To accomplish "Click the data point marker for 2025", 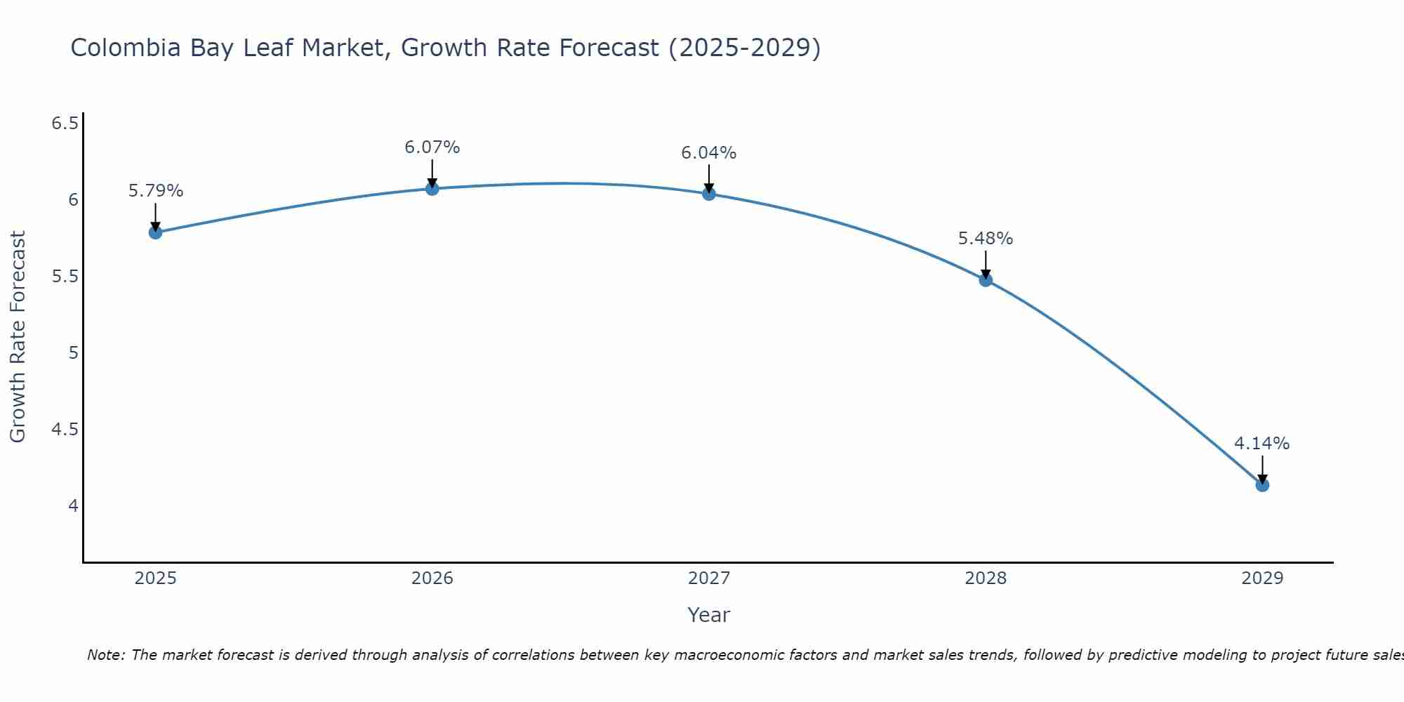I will point(156,232).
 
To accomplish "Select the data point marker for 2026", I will point(432,189).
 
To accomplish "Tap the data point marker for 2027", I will point(709,194).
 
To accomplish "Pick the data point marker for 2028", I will point(986,280).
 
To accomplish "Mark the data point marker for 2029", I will point(1262,485).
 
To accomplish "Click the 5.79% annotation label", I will point(156,191).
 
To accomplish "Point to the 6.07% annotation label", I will point(432,147).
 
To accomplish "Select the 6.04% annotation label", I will point(709,153).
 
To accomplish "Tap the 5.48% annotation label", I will point(986,239).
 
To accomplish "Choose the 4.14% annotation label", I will point(1262,444).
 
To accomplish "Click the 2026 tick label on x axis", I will point(432,578).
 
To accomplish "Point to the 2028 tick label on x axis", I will point(986,578).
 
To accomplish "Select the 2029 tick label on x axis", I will point(1262,578).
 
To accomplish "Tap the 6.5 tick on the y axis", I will point(65,124).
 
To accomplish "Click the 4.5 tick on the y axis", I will point(65,430).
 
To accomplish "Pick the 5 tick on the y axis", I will point(73,353).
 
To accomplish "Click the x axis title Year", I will point(709,615).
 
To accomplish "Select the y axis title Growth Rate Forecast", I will point(18,337).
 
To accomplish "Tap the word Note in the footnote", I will point(105,655).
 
